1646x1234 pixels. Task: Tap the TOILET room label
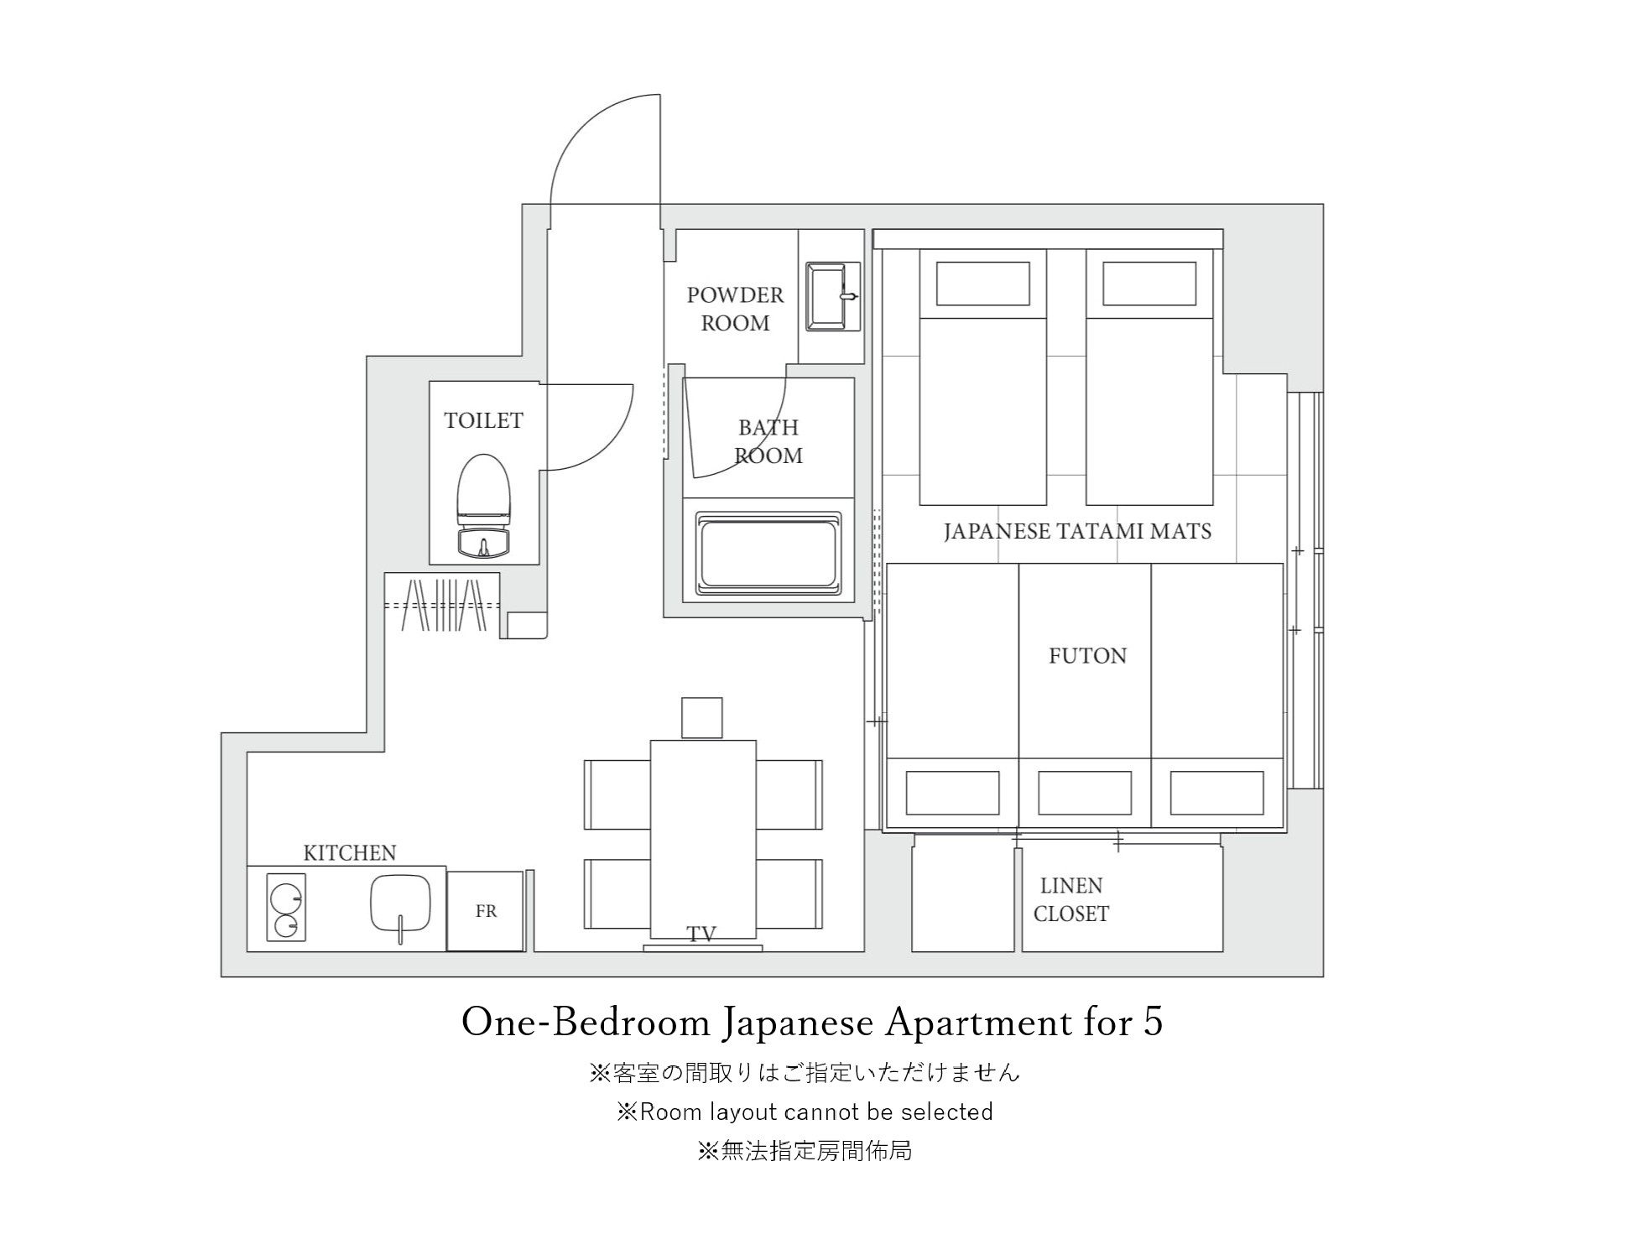483,420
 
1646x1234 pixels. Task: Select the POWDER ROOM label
735,309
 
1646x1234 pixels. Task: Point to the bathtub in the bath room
768,554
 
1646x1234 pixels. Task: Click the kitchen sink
400,906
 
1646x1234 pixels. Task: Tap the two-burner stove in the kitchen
286,907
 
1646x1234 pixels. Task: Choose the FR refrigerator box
485,911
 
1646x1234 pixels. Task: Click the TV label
701,934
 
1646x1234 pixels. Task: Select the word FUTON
1087,656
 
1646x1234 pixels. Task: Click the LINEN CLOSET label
1071,899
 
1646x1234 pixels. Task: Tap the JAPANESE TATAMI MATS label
1077,532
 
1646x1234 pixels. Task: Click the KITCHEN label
349,853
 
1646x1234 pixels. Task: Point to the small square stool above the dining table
702,718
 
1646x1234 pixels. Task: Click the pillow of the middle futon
1085,793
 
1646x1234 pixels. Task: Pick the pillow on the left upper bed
983,284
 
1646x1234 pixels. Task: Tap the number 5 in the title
1152,1022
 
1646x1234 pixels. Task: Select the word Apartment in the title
977,1023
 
